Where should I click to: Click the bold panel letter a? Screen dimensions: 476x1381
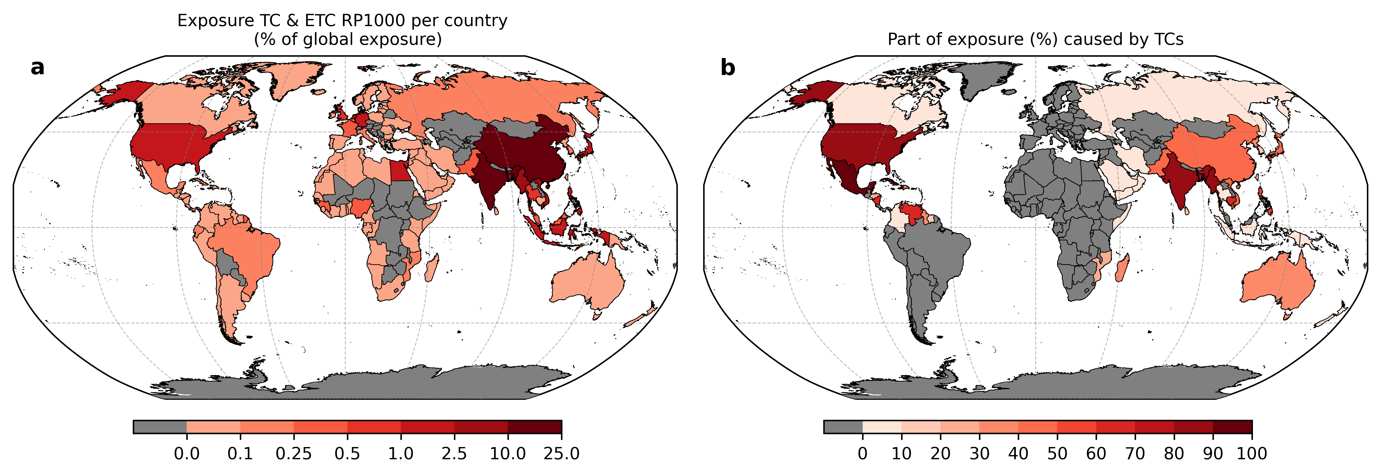tap(37, 68)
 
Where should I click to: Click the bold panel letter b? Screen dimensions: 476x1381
tap(728, 68)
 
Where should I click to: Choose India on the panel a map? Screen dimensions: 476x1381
tap(490, 180)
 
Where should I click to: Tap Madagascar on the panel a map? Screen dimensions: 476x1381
tap(433, 268)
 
